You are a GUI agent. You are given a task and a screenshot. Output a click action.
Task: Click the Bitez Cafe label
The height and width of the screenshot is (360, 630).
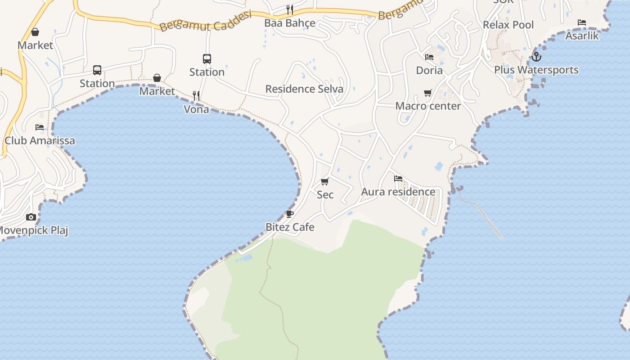coord(290,227)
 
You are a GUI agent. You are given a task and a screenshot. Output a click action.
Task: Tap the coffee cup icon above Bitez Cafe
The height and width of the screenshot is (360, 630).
coord(290,214)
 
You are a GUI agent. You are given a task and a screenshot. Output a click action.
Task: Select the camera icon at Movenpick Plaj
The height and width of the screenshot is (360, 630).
coord(31,217)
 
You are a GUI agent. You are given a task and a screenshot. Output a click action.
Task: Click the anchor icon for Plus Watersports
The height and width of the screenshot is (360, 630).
coord(535,57)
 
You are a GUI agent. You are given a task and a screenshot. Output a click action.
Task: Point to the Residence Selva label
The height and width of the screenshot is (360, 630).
coord(304,89)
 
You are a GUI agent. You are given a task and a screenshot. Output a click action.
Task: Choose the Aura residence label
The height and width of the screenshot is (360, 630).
coord(398,192)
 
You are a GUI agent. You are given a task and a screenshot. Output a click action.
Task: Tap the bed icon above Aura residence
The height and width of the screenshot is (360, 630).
coord(398,179)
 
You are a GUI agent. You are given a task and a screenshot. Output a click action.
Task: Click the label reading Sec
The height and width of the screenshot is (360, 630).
coord(325,195)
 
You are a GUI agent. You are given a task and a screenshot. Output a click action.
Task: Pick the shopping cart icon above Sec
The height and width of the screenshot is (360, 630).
coord(325,181)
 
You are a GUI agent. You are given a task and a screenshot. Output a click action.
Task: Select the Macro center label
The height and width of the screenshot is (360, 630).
coord(428,106)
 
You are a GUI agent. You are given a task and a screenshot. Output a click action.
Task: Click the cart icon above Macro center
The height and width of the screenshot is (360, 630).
coord(428,93)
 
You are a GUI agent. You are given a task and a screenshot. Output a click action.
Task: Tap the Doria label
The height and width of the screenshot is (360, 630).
coord(429,71)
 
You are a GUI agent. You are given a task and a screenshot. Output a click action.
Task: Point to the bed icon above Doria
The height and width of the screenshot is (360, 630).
coord(429,57)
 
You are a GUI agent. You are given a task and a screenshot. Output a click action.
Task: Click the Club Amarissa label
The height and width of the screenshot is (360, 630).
coord(40,141)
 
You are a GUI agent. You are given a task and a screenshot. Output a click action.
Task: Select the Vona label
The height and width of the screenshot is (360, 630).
coord(196,109)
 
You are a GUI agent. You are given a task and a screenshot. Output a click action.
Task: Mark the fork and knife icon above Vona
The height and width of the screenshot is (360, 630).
coord(196,95)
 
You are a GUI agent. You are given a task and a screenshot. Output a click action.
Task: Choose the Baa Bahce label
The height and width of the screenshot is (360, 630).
coord(290,23)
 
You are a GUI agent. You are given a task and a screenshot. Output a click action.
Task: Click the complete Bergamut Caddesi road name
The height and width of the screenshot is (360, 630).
coord(205,21)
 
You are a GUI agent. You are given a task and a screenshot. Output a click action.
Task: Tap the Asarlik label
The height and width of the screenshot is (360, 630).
coord(582,36)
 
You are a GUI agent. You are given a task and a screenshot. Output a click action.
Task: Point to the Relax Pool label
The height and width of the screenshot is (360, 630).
coord(508,25)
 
